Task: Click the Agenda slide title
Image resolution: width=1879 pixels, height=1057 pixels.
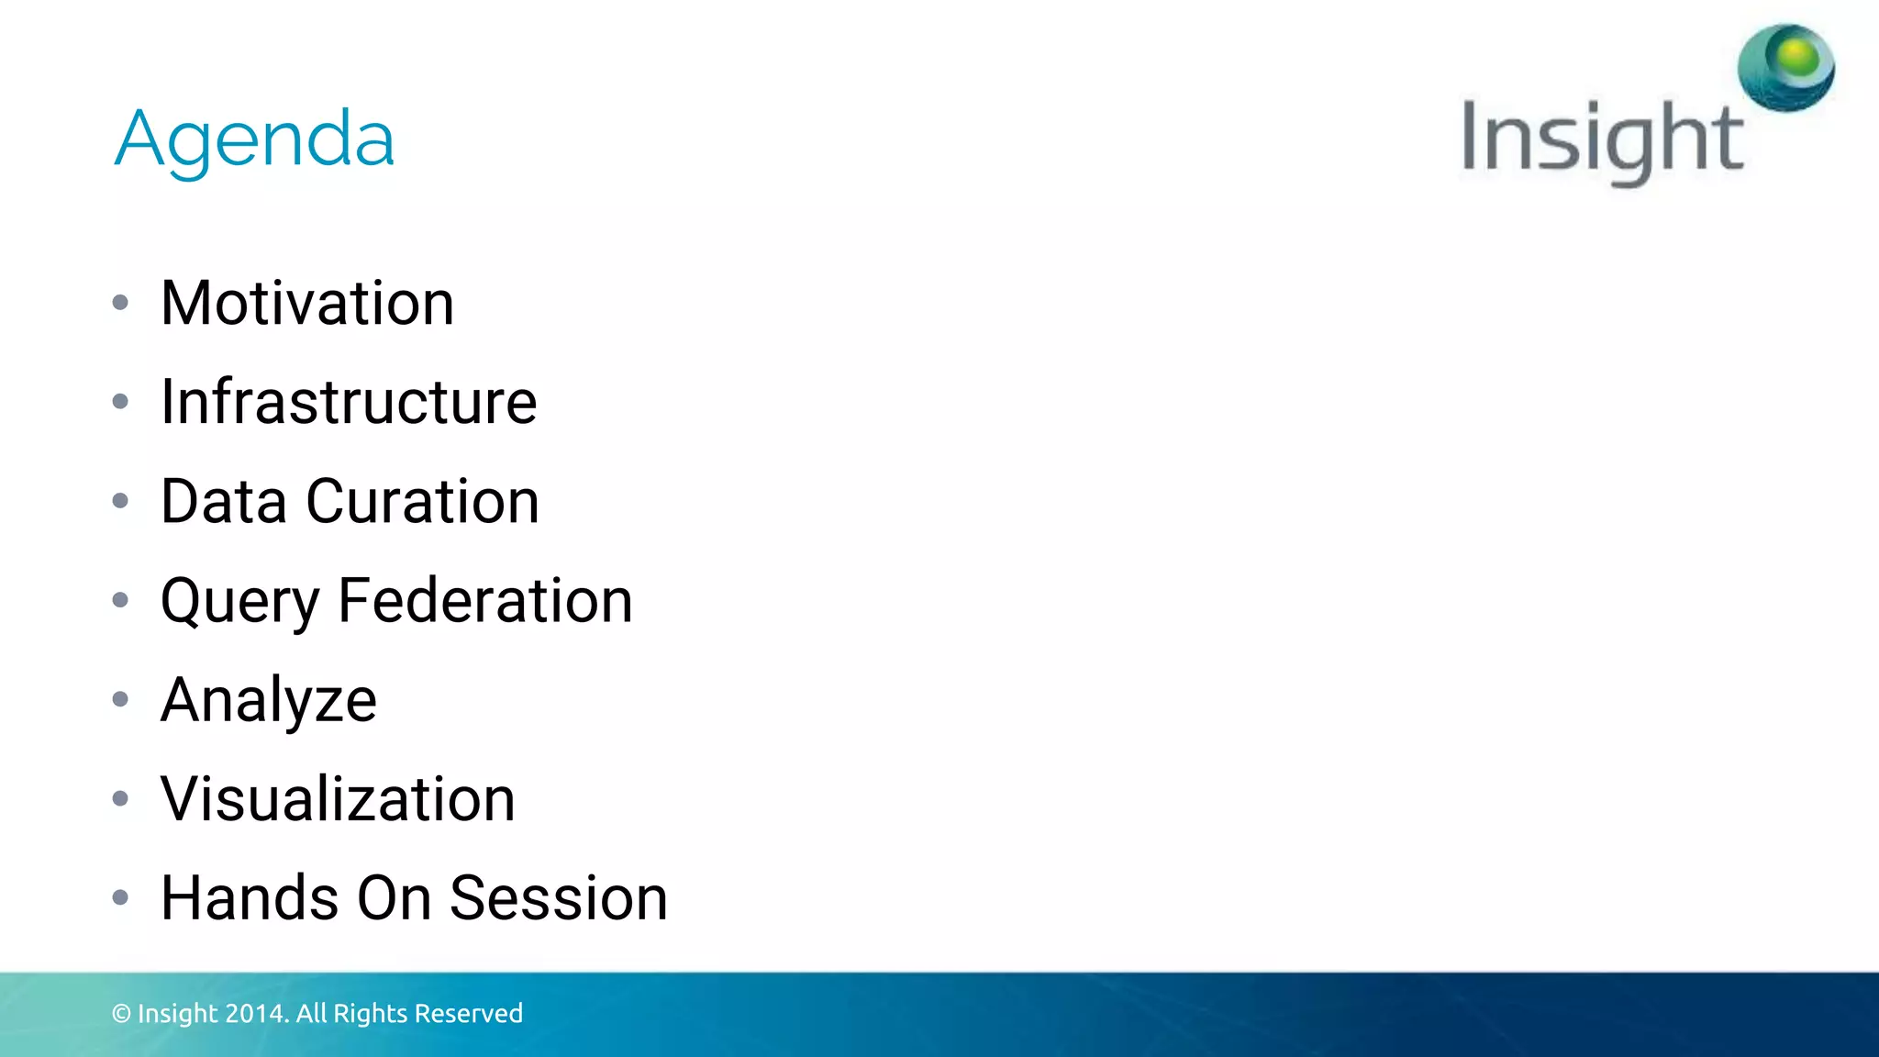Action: tap(254, 139)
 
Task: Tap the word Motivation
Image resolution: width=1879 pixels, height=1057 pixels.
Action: tap(307, 304)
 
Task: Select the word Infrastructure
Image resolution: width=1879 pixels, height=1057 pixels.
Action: tap(349, 403)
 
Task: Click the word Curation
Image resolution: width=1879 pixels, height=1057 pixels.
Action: tap(422, 502)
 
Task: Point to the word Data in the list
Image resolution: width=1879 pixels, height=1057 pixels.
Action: tap(223, 502)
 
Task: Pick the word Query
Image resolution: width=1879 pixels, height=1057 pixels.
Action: tap(239, 602)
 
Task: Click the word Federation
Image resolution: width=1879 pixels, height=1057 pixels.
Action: tap(485, 601)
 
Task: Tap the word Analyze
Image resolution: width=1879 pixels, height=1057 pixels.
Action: tap(268, 701)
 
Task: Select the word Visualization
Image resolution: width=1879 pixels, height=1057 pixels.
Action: tap(338, 799)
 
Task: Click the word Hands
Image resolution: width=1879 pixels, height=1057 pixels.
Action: tap(250, 898)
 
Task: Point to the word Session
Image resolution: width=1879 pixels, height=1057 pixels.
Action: tap(559, 898)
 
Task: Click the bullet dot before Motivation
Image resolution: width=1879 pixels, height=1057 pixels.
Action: tap(120, 303)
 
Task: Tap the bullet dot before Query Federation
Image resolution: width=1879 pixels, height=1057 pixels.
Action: tap(120, 600)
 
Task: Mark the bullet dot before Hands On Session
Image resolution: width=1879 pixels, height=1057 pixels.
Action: tap(120, 897)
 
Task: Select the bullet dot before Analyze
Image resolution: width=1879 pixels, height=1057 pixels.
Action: tap(120, 699)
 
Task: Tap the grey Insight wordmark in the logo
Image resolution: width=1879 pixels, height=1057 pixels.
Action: tap(1601, 139)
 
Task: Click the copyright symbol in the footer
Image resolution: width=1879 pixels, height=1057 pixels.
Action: tap(121, 1014)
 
